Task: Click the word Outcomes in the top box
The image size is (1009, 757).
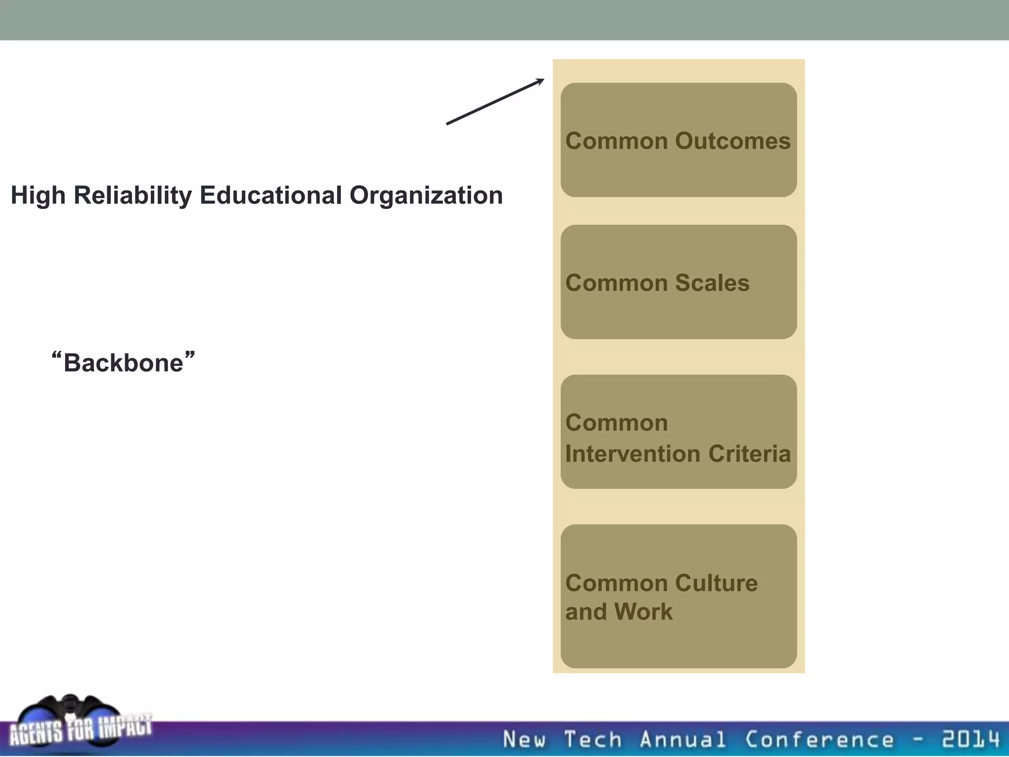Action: [733, 141]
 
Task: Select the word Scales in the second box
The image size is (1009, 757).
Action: [712, 283]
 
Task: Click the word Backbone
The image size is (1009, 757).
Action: [123, 363]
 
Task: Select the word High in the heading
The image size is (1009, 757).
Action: [38, 195]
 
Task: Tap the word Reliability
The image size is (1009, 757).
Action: [133, 195]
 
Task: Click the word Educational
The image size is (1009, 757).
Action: [270, 195]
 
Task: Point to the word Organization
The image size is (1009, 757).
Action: [426, 195]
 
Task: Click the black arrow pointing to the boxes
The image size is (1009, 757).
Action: [495, 102]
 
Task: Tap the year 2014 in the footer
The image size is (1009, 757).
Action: [971, 739]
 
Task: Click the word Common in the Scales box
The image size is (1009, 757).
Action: [616, 283]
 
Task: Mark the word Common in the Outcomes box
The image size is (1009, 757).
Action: [616, 141]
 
